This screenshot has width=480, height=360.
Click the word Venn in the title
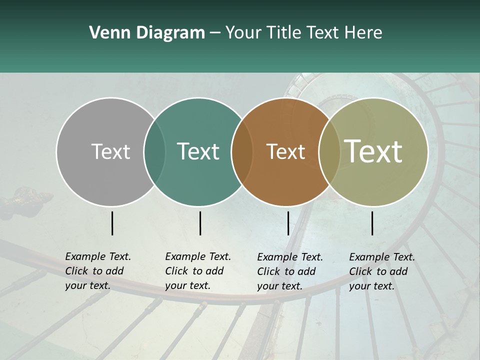(103, 33)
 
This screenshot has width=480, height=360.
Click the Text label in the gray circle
(110, 151)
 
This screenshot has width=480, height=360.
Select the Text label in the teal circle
(198, 151)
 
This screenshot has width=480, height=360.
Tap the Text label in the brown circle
(285, 151)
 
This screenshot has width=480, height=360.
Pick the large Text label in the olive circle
(373, 151)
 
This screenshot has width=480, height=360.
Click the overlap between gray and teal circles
(154, 151)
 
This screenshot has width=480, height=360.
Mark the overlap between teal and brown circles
(242, 151)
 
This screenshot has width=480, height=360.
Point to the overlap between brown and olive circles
(329, 151)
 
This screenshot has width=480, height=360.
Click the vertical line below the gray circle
(112, 223)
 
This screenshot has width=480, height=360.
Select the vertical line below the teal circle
(200, 223)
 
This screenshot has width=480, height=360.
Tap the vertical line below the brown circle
(288, 223)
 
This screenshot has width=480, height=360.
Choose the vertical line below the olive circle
(372, 223)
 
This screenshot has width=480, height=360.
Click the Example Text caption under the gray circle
(97, 271)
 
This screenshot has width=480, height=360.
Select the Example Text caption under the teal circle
(197, 271)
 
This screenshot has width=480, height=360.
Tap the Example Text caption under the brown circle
(289, 271)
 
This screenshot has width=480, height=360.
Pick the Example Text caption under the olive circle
(381, 271)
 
